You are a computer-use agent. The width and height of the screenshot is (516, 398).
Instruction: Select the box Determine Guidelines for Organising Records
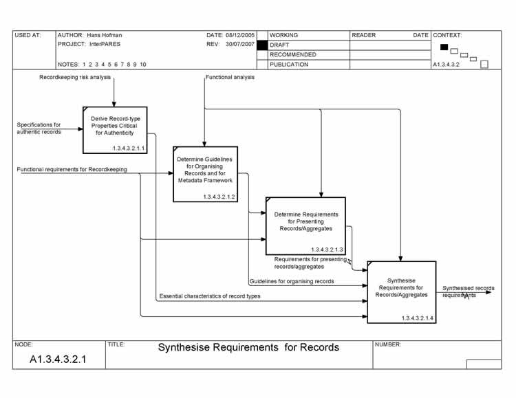point(205,174)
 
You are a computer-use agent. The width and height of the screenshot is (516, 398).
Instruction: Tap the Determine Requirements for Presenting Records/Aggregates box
point(305,225)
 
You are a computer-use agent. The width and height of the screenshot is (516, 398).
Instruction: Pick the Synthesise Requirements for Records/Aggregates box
point(401,291)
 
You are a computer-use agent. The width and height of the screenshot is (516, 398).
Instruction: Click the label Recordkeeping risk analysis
point(74,78)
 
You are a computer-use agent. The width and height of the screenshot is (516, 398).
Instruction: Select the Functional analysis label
point(230,78)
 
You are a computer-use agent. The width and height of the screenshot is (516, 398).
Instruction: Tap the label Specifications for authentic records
point(39,128)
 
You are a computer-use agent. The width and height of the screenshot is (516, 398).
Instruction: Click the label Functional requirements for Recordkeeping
point(72,169)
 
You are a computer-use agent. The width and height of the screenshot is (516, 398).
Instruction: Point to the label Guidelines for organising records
point(292,281)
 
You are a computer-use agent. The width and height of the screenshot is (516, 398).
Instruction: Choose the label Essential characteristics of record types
point(209,296)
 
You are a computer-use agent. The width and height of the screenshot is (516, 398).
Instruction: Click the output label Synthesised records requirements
point(468,291)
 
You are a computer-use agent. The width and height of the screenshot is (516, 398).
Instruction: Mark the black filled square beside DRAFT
point(261,45)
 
